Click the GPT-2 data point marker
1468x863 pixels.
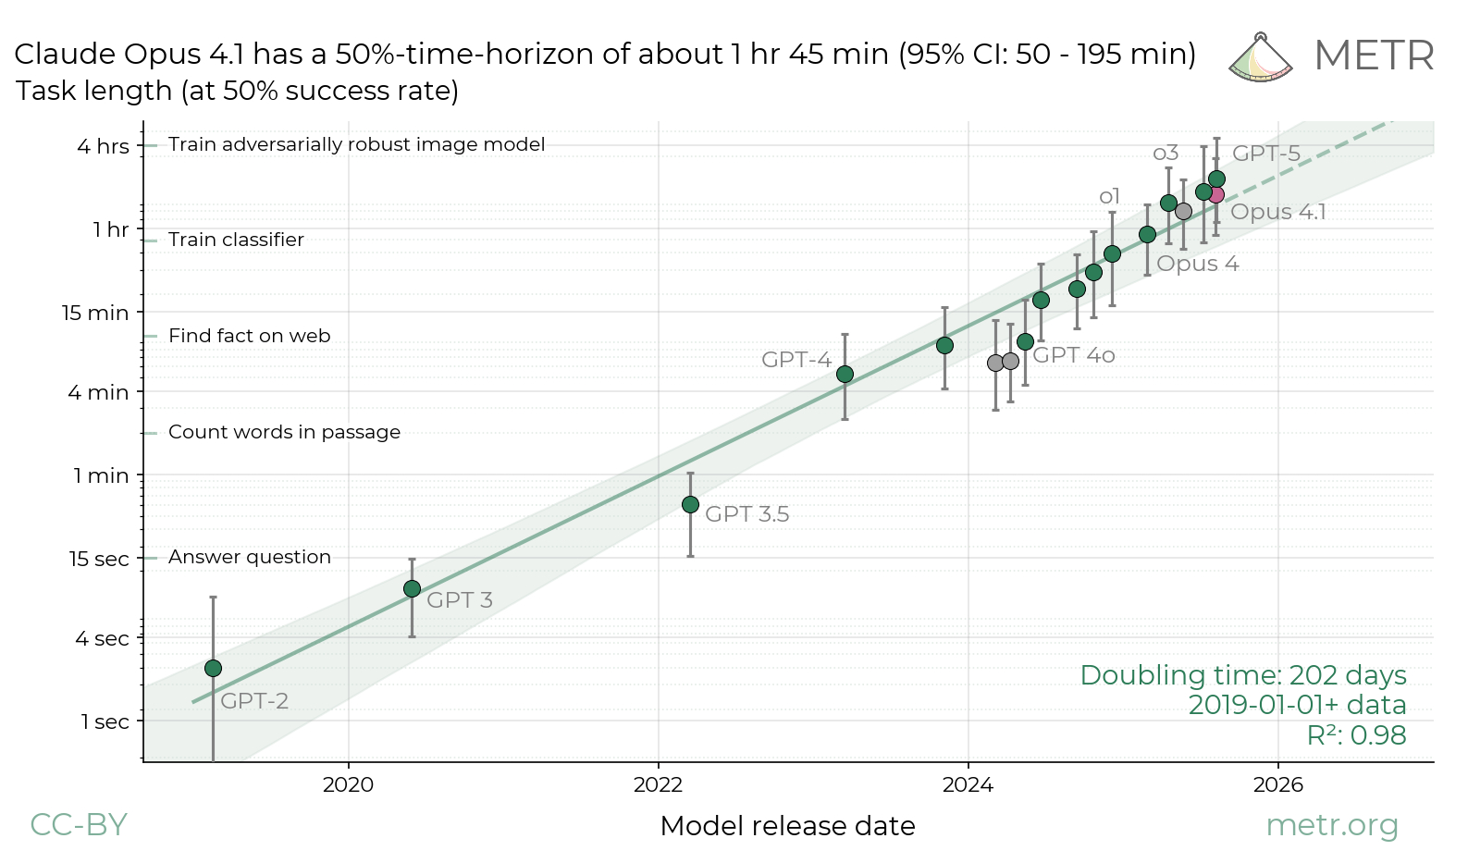pos(213,668)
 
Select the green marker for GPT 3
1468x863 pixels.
pos(412,588)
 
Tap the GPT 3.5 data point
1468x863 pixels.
pos(690,504)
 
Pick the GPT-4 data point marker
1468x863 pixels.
pos(845,374)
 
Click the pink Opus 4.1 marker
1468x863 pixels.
pos(1216,194)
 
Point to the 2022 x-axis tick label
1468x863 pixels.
pos(658,785)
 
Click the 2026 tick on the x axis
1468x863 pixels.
pos(1277,785)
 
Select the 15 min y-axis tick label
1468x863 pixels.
pos(95,313)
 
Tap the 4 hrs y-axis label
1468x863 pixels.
pos(103,146)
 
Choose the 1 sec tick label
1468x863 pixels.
pos(105,721)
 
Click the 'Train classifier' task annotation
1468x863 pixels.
pos(236,240)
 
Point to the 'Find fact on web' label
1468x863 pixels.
pos(249,336)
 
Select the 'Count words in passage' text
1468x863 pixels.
pos(284,432)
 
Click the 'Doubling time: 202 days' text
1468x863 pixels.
pos(1242,675)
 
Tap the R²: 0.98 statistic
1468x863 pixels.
pos(1356,735)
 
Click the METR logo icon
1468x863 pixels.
pos(1261,57)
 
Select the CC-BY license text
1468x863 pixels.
pos(79,824)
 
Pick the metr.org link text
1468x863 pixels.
pos(1331,824)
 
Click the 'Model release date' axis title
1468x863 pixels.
pos(787,826)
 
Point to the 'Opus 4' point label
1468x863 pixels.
pos(1197,264)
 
